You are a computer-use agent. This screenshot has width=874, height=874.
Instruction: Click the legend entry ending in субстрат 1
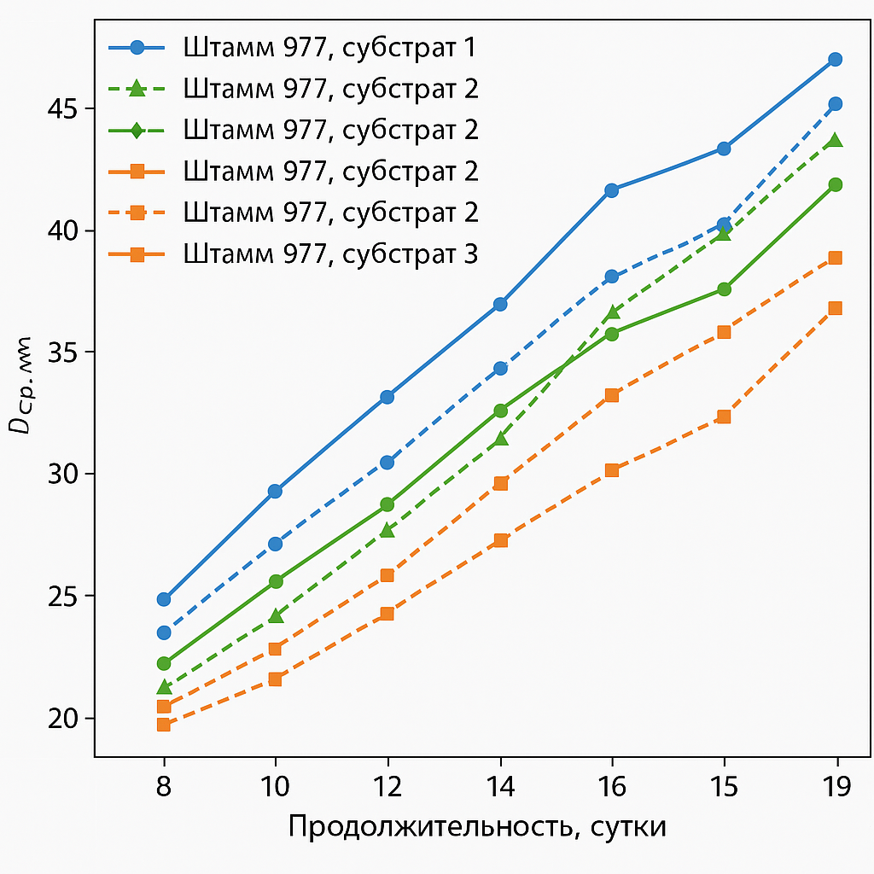tap(329, 48)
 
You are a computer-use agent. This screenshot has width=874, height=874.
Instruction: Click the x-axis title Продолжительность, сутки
tap(477, 827)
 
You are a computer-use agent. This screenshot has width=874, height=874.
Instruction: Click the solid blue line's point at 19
tap(836, 59)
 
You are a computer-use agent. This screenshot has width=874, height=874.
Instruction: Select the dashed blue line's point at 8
tap(164, 632)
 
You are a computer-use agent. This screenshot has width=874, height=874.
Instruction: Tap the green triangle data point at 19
tap(836, 140)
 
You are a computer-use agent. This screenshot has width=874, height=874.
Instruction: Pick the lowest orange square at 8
tap(164, 725)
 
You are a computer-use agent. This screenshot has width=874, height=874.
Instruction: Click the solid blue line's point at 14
tap(500, 304)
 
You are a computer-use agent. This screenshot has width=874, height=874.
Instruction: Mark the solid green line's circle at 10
tap(276, 581)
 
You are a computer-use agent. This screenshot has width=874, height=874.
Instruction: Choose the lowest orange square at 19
tap(836, 308)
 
